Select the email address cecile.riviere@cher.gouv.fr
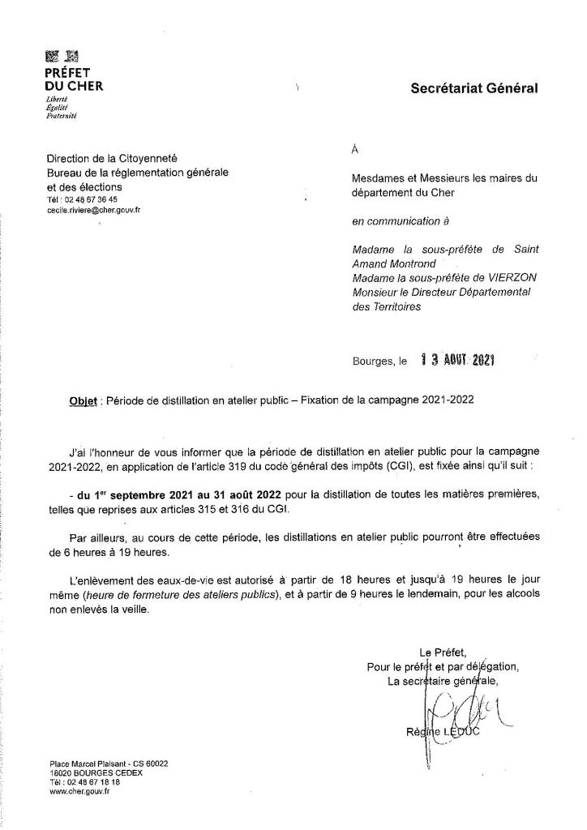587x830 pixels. [x=94, y=209]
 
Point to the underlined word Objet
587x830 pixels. [x=85, y=400]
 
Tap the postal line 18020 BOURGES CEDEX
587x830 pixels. [x=96, y=772]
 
